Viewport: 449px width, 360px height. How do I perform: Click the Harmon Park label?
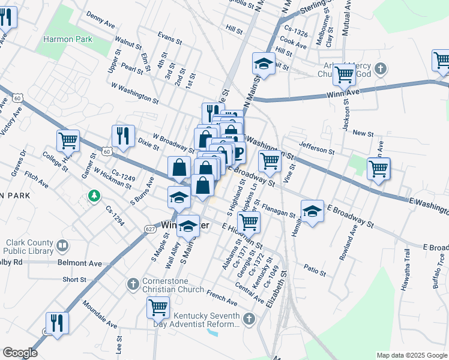[67, 40]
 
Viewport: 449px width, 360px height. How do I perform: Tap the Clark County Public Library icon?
[62, 245]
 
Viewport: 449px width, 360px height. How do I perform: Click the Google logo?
[20, 353]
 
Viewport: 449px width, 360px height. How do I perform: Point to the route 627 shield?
[151, 229]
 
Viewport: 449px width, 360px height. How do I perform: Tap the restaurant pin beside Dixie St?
[123, 136]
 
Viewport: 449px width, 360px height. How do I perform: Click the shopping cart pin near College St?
[68, 141]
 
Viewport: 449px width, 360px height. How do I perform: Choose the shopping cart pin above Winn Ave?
[344, 74]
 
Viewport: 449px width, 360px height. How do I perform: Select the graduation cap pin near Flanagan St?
[312, 211]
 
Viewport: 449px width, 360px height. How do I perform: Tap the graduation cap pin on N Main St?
[264, 64]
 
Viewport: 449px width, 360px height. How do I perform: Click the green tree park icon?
[93, 196]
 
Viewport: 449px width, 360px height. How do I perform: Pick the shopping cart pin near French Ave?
[158, 307]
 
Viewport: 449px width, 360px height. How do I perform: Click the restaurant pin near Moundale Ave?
[57, 323]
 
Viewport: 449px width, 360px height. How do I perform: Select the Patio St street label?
[315, 270]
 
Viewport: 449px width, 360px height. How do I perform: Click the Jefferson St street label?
[317, 147]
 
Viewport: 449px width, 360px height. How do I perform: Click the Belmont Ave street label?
[80, 263]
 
